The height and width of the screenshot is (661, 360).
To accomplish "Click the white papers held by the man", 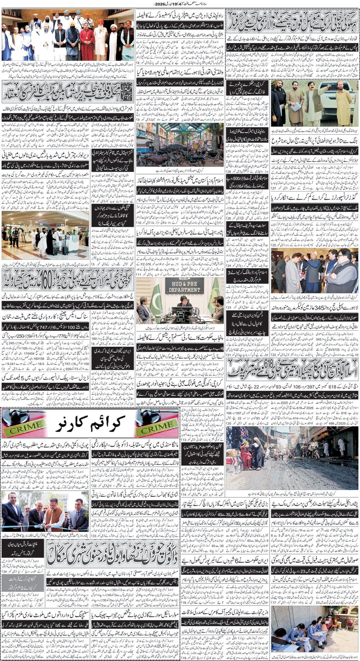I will [x=296, y=107].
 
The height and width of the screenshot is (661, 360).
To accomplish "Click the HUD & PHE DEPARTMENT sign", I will [x=184, y=286].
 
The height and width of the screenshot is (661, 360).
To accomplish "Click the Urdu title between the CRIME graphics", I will [x=90, y=425].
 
